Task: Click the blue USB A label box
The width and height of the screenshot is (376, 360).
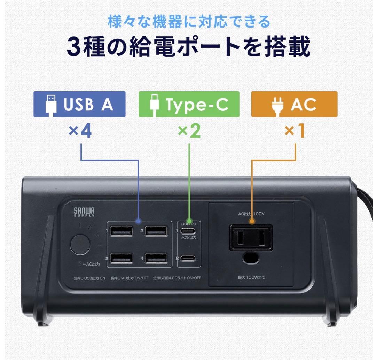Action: click(x=79, y=104)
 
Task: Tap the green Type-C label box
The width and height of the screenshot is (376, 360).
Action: click(x=189, y=104)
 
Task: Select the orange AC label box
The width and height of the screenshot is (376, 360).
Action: click(x=294, y=104)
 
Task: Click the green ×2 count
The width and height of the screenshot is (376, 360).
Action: click(x=189, y=131)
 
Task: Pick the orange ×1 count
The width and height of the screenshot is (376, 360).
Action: click(x=294, y=131)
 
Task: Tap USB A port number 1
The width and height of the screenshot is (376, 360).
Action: click(x=121, y=231)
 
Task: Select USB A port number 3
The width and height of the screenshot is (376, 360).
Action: click(x=156, y=231)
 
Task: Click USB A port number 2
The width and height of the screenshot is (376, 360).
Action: click(x=121, y=259)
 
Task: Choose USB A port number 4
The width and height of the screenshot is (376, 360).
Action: click(x=156, y=259)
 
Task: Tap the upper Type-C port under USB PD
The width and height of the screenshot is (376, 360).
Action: click(x=188, y=231)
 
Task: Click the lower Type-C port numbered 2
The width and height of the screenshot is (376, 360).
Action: click(x=188, y=259)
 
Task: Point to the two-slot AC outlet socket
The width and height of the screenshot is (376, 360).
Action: click(x=250, y=239)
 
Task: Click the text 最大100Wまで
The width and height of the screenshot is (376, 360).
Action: click(x=251, y=278)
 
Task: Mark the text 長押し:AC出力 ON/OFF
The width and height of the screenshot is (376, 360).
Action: click(x=129, y=278)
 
